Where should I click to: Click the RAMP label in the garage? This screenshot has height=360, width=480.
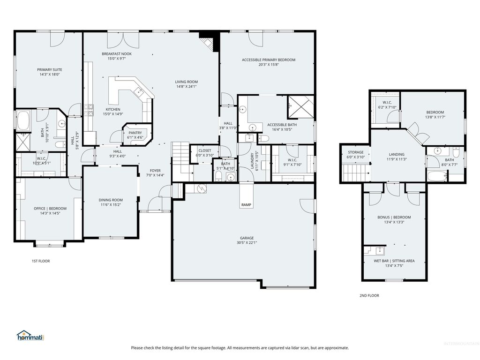coord(246,205)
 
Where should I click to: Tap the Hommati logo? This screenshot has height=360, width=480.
coord(30,336)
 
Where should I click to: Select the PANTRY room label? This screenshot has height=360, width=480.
coord(135,133)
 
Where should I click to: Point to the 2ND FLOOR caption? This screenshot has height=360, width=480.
coord(369,295)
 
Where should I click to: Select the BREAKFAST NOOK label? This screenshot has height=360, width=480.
coord(117,54)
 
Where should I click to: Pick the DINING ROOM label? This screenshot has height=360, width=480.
coord(111,200)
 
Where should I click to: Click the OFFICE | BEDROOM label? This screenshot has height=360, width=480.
coord(50,209)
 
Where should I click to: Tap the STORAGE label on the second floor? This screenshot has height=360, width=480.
coord(355,152)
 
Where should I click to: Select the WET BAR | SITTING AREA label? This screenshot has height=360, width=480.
coord(394,261)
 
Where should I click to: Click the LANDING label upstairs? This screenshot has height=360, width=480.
coord(396,154)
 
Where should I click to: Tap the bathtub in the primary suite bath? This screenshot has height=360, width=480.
coord(23,120)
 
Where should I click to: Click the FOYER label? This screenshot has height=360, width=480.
coord(155,171)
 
